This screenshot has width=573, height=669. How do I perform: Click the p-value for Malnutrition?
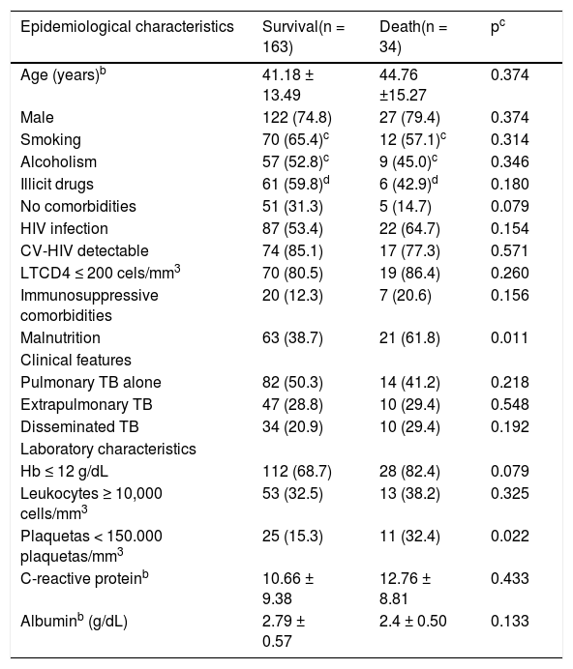pyautogui.click(x=510, y=338)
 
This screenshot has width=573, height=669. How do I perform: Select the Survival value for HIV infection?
pyautogui.click(x=292, y=229)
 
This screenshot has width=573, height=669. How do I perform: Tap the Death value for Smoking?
pyautogui.click(x=412, y=139)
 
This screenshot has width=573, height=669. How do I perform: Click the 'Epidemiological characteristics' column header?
pyautogui.click(x=127, y=27)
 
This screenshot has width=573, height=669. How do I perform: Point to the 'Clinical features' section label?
pyautogui.click(x=75, y=360)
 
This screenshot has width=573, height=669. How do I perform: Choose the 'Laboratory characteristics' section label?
pyautogui.click(x=108, y=449)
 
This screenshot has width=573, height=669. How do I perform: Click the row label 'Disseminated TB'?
pyautogui.click(x=79, y=426)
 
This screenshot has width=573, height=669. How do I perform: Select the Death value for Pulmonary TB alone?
pyautogui.click(x=409, y=382)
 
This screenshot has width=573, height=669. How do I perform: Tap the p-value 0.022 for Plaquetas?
pyautogui.click(x=510, y=536)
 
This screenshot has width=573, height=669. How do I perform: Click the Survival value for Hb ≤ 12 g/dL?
pyautogui.click(x=297, y=471)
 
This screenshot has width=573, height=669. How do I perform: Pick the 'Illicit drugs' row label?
pyautogui.click(x=57, y=185)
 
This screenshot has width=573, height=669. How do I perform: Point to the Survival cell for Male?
pyautogui.click(x=297, y=118)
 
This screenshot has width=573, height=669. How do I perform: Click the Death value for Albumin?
pyautogui.click(x=412, y=622)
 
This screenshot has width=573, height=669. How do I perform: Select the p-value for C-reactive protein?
pyautogui.click(x=510, y=578)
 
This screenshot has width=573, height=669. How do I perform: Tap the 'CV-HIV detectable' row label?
pyautogui.click(x=84, y=251)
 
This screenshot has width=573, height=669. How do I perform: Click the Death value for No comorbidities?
pyautogui.click(x=406, y=207)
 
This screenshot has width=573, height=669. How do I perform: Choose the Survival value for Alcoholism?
pyautogui.click(x=295, y=161)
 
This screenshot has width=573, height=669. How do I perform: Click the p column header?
pyautogui.click(x=498, y=27)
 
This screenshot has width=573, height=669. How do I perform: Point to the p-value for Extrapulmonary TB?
pyautogui.click(x=510, y=404)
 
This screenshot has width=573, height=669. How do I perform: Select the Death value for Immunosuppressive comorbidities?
pyautogui.click(x=406, y=295)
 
